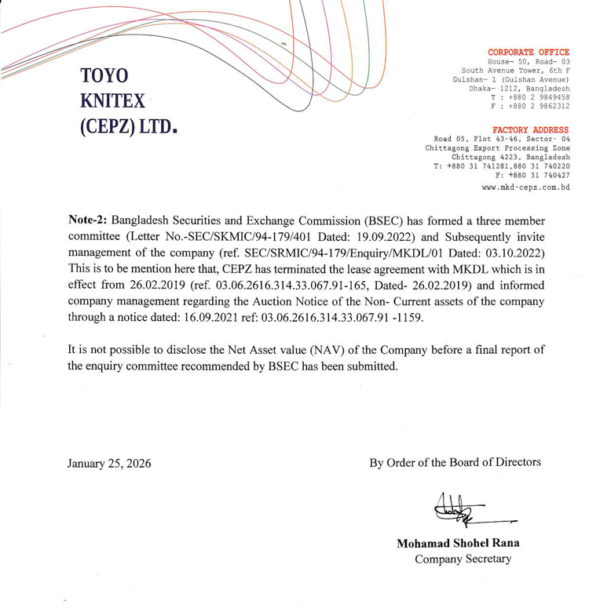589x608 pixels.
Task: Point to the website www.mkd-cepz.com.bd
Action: [x=525, y=188]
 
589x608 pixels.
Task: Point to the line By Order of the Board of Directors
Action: [x=455, y=462]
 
